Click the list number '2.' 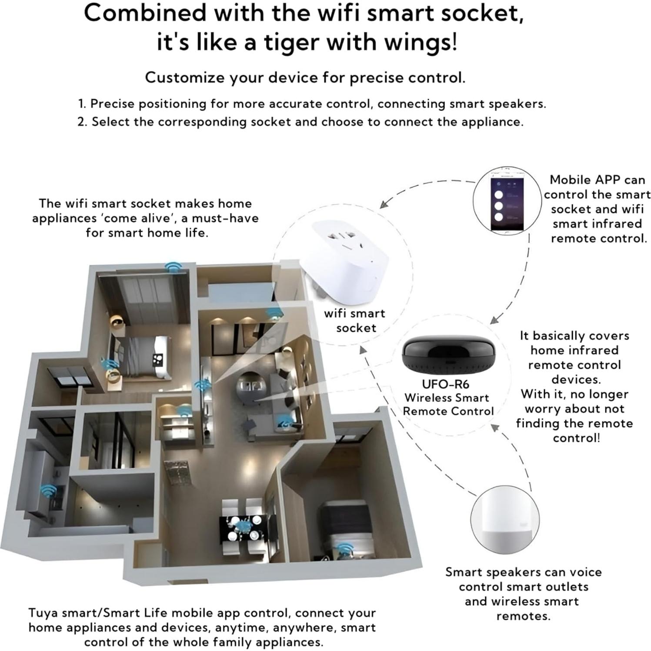[x=82, y=122]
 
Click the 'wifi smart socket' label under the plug [x=355, y=320]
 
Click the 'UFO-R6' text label [x=445, y=384]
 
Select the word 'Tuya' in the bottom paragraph [x=43, y=613]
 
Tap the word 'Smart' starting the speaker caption [x=464, y=572]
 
